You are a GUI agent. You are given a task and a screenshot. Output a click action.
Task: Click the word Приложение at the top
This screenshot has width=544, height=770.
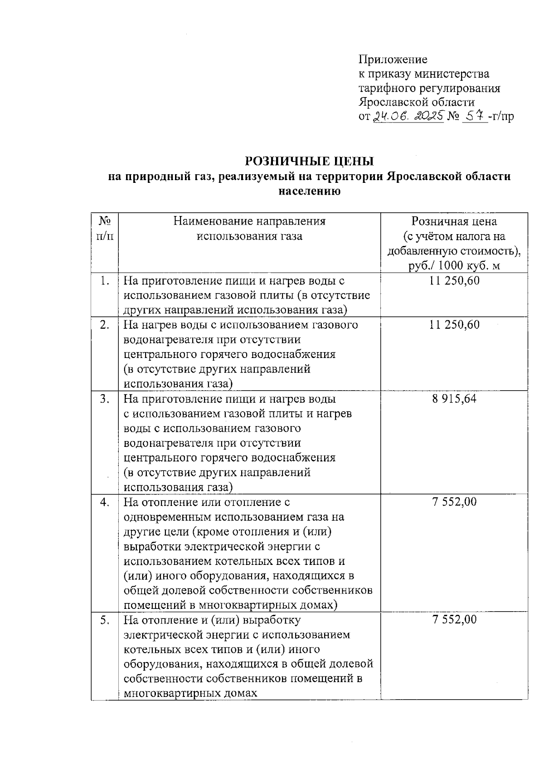(393, 59)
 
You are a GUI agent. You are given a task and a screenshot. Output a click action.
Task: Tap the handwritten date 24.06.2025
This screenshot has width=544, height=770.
(408, 117)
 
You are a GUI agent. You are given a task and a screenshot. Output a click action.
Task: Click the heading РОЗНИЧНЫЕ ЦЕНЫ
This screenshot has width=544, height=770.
(310, 161)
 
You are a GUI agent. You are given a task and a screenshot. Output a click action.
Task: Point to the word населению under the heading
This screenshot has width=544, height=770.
(309, 191)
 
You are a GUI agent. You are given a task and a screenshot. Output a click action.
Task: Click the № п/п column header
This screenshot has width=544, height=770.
(105, 229)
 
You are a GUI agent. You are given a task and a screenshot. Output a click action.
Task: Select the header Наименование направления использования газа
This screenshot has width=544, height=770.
(249, 229)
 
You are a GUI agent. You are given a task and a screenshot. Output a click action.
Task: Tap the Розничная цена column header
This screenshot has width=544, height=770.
(454, 221)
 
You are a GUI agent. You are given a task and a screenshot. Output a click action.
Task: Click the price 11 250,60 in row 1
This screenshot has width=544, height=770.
(454, 281)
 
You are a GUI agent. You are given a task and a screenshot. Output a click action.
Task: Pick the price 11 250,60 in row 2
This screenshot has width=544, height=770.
(454, 325)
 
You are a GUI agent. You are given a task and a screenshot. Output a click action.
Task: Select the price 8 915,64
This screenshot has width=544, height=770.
(454, 399)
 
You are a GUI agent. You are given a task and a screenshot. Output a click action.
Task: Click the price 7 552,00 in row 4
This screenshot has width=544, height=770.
(454, 502)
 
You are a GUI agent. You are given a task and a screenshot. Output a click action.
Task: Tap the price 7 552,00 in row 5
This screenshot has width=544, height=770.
(454, 620)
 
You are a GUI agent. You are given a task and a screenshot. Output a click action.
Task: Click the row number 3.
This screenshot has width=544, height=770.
(105, 399)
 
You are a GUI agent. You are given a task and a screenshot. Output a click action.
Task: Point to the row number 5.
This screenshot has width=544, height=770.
(105, 620)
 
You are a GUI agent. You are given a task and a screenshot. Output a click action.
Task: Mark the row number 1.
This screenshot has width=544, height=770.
(105, 281)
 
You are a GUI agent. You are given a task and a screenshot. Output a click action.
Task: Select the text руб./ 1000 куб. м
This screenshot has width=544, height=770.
(454, 265)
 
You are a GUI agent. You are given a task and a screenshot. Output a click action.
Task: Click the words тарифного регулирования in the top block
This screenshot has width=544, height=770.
(429, 88)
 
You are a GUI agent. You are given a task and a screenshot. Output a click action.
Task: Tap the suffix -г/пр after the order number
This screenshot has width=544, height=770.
(501, 117)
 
